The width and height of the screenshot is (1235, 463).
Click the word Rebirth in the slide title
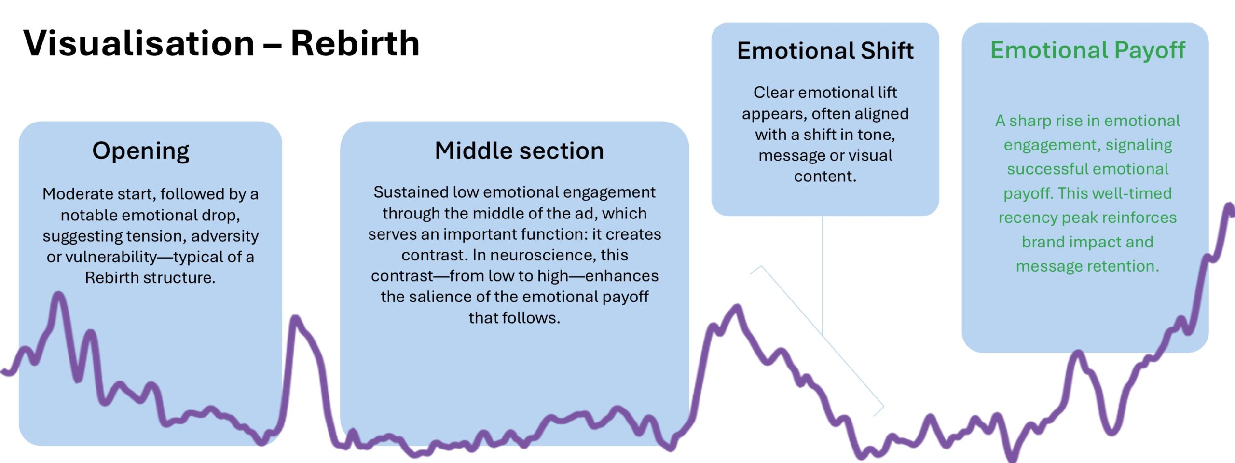tap(355, 43)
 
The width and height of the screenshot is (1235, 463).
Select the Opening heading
tap(141, 151)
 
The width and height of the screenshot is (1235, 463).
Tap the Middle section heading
tap(519, 150)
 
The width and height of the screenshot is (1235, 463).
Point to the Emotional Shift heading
tap(825, 51)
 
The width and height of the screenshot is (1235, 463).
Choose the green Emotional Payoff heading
tap(1088, 50)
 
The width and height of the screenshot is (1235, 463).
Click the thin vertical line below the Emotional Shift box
tap(823, 275)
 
